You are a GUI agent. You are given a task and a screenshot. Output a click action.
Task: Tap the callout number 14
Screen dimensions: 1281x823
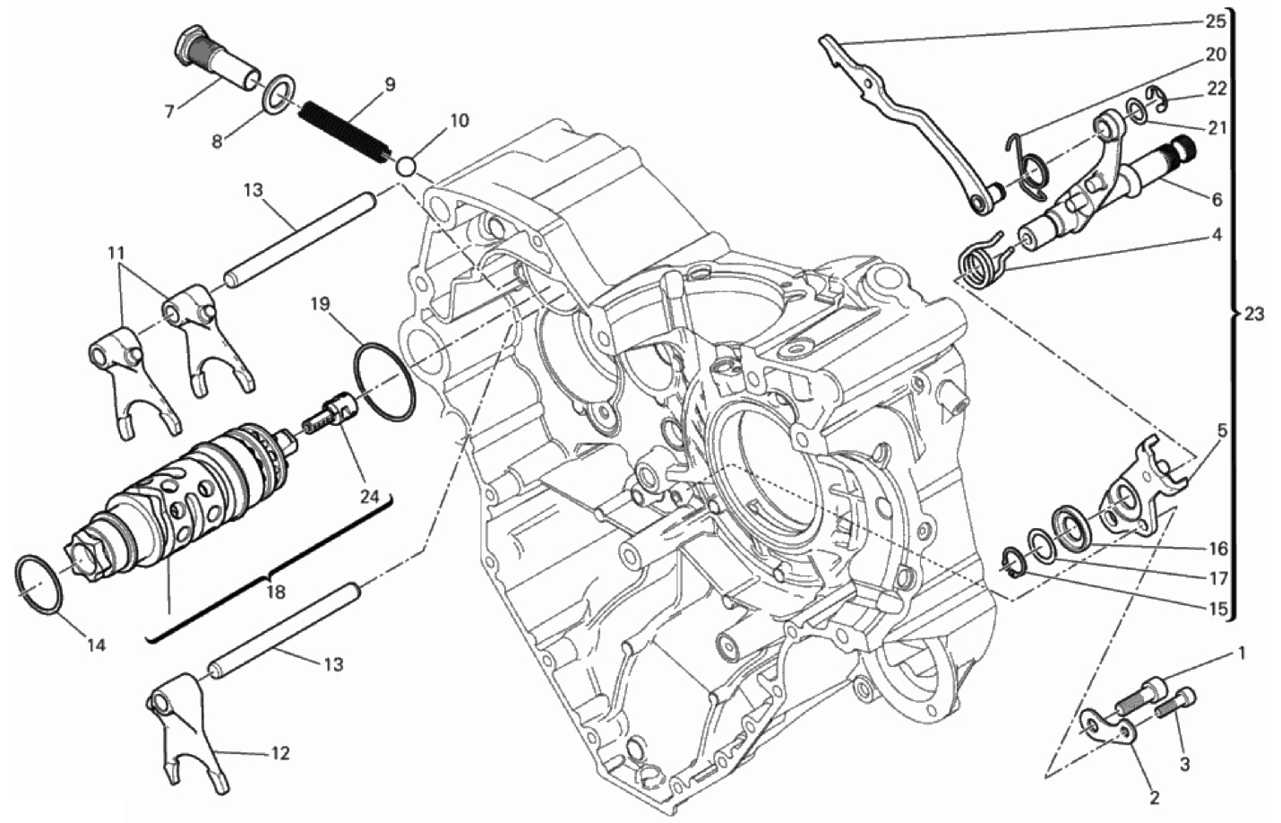coord(96,645)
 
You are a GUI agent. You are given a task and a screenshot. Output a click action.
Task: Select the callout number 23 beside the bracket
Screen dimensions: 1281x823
coord(1253,314)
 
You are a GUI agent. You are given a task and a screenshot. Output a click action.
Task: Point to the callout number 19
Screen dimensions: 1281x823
coord(321,304)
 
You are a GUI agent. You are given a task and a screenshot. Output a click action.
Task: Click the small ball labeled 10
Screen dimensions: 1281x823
coord(406,168)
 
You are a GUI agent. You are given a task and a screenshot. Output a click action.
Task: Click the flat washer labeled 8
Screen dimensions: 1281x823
coord(278,91)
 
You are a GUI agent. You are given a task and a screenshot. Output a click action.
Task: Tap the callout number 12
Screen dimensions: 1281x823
coord(279,753)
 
